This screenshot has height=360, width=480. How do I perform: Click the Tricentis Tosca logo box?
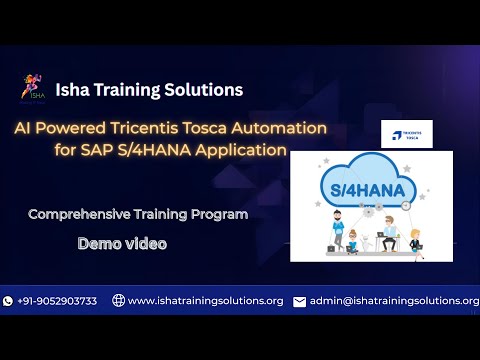tap(406, 134)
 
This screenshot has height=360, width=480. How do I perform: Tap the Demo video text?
tap(122, 243)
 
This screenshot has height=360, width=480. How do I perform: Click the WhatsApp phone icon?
tap(8, 301)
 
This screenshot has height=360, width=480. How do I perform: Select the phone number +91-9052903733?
tap(58, 301)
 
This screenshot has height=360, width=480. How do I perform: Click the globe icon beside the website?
tap(118, 301)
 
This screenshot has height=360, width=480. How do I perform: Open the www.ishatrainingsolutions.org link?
tap(205, 301)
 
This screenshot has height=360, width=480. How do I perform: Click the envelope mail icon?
tap(299, 301)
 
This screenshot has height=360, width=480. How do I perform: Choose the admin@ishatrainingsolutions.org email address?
tap(394, 301)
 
